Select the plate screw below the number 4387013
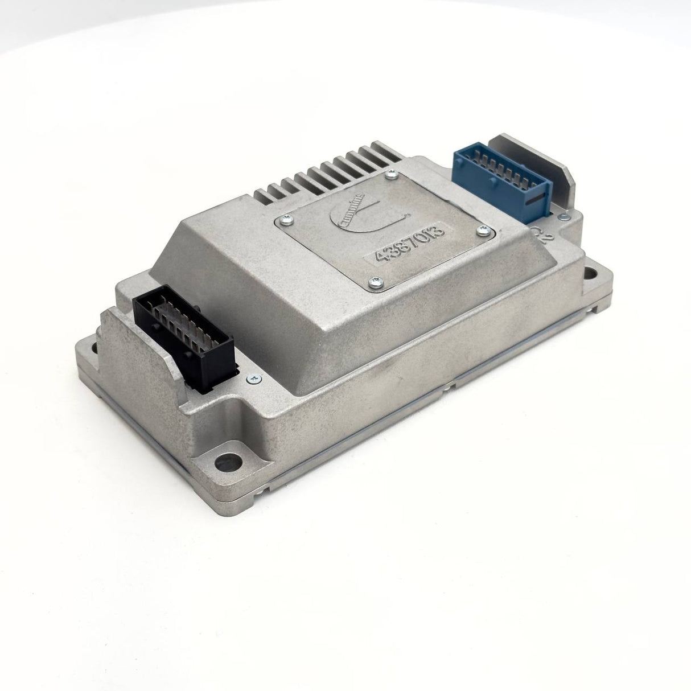(x=375, y=279)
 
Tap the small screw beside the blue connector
(x=562, y=216)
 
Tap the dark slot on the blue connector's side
(x=536, y=201)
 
